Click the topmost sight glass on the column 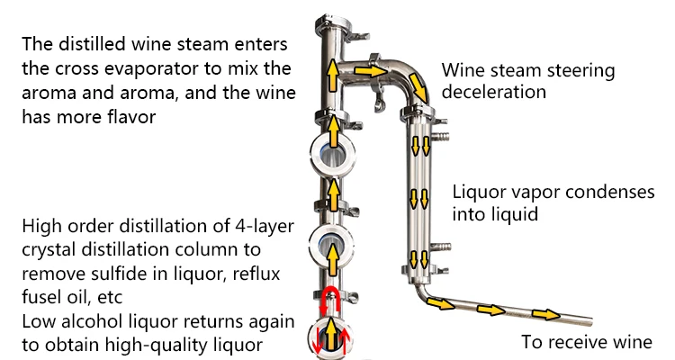331,154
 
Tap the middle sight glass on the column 331,244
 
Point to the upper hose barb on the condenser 441,135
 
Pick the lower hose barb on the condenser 442,244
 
